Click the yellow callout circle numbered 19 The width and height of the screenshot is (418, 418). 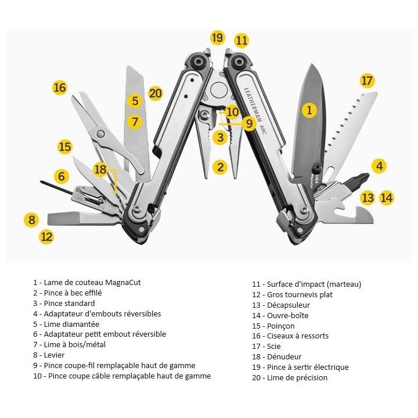point(217,38)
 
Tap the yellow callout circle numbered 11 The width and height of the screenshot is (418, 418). point(242,41)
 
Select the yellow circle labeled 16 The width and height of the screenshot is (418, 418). point(60,88)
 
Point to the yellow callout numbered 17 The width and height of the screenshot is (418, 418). point(367,80)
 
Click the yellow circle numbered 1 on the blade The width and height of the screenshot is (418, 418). point(309,109)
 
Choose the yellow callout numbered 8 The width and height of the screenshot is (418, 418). point(31,220)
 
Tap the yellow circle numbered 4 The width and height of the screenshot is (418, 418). point(379,166)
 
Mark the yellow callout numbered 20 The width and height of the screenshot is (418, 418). point(155,93)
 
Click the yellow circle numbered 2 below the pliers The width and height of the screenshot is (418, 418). point(219,167)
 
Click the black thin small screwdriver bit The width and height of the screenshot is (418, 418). point(58,187)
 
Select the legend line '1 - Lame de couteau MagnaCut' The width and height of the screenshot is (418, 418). point(87,283)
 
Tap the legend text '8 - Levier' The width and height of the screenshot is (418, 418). point(49,355)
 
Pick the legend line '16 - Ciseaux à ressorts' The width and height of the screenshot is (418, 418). point(290,336)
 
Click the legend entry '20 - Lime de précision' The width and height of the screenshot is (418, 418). point(289,378)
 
